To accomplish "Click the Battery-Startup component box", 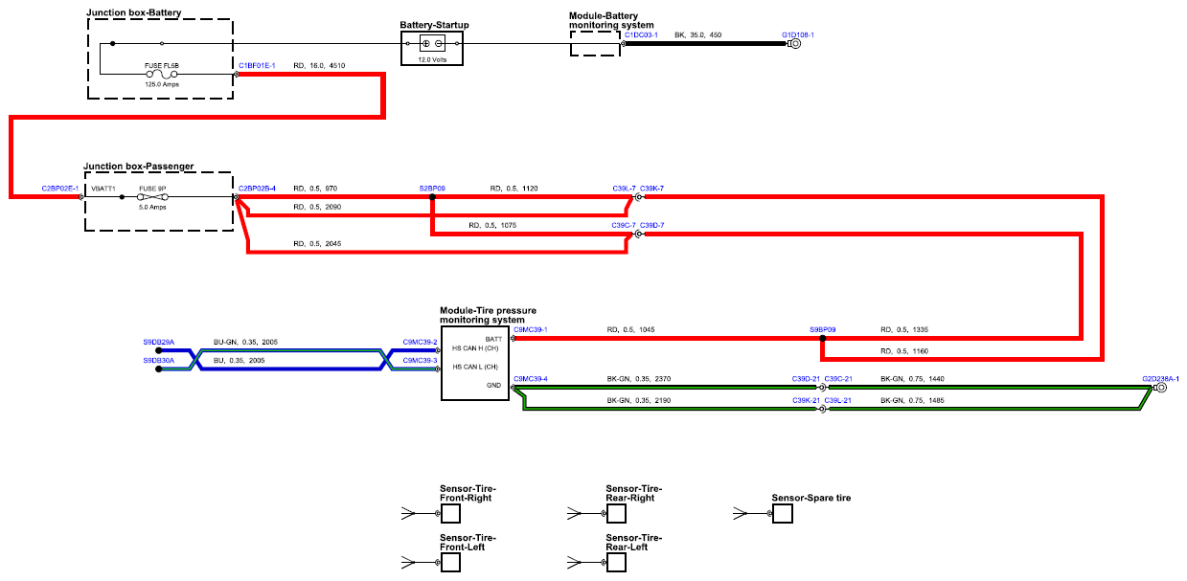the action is coord(432,32).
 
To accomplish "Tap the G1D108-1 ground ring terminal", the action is coord(795,43).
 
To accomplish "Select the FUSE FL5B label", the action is coord(162,66).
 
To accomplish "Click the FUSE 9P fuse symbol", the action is coord(152,197).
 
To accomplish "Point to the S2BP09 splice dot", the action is coord(432,197).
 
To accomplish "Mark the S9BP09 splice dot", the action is coord(822,338).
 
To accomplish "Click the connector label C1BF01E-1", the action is coord(257,66).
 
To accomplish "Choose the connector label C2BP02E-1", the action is coord(60,189).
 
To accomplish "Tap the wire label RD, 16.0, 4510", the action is coord(319,66).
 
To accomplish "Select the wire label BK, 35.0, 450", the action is coord(697,35).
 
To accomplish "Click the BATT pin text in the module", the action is coord(493,339).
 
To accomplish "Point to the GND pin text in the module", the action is coord(494,385).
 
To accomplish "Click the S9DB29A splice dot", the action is coord(158,350).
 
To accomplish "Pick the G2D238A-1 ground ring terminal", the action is coord(1161,387).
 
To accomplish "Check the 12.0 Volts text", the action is coord(432,60).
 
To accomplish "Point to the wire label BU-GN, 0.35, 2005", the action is coord(245,342).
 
